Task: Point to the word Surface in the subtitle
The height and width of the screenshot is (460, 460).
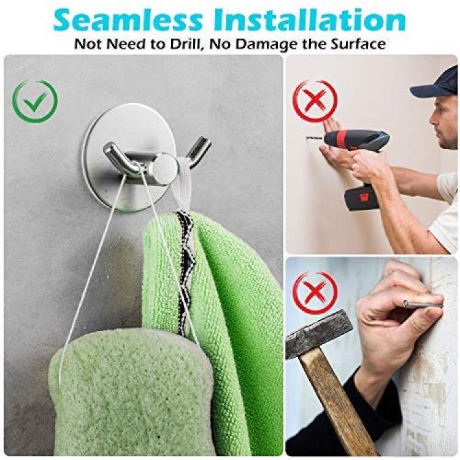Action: point(358,44)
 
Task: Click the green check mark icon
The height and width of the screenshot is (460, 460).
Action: point(35,101)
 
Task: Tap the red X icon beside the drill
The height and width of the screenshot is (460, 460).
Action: point(316,101)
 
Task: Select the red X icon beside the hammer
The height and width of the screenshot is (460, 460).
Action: point(316,293)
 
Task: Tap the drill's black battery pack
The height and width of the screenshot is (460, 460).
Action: point(363,196)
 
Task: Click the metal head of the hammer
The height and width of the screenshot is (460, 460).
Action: point(318,334)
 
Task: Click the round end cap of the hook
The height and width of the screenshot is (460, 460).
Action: point(166,165)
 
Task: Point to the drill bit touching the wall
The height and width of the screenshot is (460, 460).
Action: point(315,137)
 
